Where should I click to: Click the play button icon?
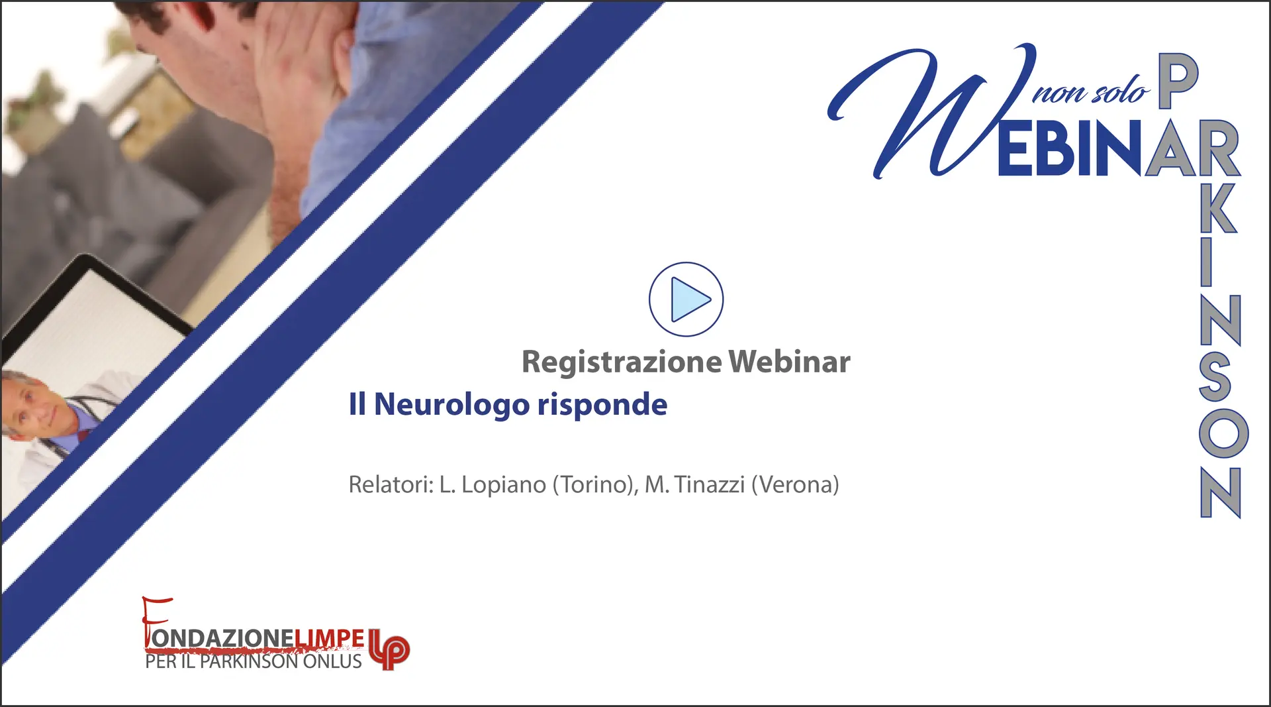tap(686, 299)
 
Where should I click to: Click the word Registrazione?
tap(622, 362)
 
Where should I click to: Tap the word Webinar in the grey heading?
tap(789, 362)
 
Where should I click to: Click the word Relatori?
tap(391, 484)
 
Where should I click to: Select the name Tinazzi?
tap(710, 484)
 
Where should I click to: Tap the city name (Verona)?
tap(795, 485)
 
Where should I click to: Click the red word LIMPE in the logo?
tap(329, 638)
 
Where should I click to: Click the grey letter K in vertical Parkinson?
tap(1218, 208)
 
